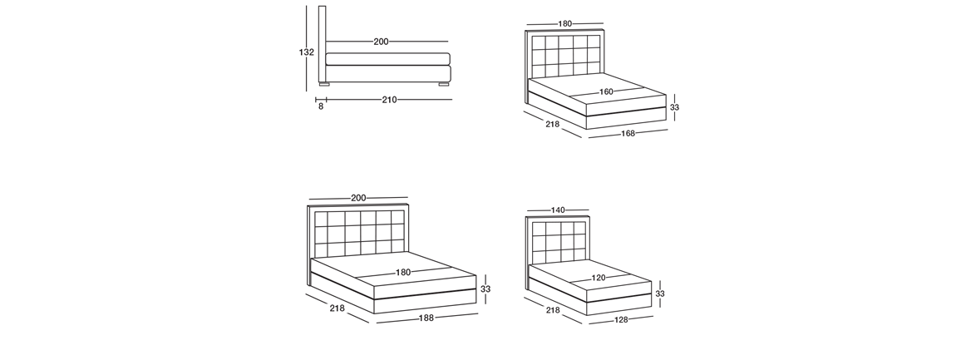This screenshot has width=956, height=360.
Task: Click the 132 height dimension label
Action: coord(306,52)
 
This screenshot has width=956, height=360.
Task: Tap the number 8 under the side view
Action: coord(321,106)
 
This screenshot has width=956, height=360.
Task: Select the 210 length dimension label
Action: coord(389,100)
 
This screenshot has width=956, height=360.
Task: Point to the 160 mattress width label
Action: coord(606,92)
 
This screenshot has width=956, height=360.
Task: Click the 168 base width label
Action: coord(628,133)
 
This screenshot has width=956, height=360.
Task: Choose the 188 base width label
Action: coord(426,318)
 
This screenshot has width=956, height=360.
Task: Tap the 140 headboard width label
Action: coord(558,210)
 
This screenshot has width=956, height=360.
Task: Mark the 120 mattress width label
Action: coord(599,278)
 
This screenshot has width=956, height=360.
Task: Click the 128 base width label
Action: coord(621,319)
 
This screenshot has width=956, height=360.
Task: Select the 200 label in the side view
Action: coord(381,42)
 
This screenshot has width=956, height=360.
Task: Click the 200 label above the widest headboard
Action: coord(358,198)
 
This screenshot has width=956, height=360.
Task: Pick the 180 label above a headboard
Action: coord(565,24)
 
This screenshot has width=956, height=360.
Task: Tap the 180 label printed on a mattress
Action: coord(403,273)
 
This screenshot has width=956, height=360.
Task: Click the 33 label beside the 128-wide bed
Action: coord(660,293)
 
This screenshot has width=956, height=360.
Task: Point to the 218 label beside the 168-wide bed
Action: coord(552,124)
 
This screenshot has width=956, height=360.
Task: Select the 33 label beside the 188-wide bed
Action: coord(485,289)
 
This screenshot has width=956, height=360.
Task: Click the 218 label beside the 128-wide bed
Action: coord(552,310)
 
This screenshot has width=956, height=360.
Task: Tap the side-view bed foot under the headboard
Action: coord(324,84)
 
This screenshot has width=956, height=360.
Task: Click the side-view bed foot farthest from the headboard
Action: coord(444,84)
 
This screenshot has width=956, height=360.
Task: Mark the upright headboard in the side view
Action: coord(322,44)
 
